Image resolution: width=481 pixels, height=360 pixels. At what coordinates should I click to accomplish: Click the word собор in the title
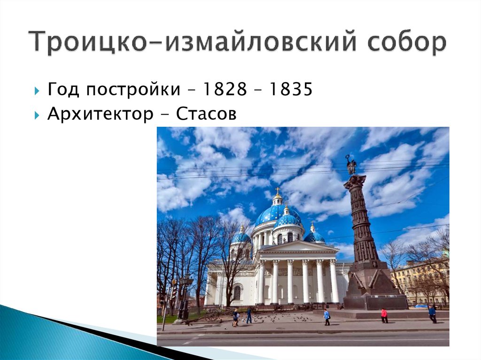[407, 42]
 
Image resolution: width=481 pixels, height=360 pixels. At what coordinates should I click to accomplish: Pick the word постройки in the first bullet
[134, 90]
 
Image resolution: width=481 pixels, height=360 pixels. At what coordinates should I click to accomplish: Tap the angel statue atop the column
[351, 165]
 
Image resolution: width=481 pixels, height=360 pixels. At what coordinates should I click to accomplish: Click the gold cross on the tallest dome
[278, 191]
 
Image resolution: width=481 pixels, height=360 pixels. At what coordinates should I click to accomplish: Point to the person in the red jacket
[384, 315]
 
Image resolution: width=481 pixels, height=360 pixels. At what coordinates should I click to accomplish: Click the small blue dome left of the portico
[241, 237]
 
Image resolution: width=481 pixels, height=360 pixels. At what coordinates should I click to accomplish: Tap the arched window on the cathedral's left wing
[237, 293]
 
